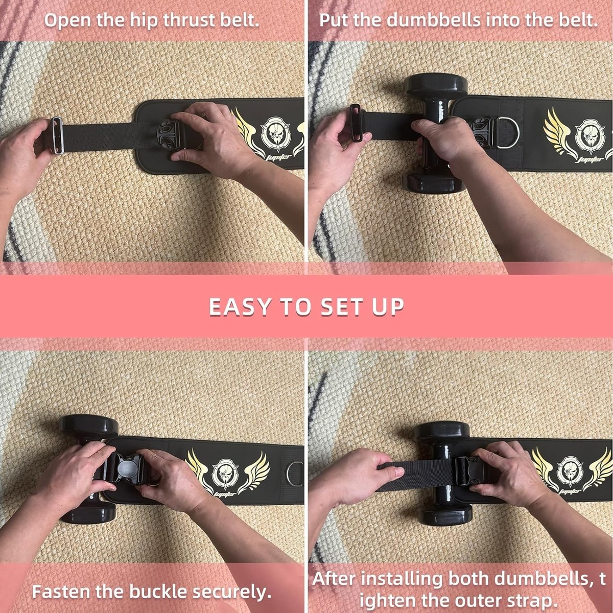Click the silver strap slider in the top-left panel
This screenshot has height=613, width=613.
pos(57,136)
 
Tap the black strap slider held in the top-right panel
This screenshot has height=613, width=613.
pos(356,124)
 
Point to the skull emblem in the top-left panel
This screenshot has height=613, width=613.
pos(274,133)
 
